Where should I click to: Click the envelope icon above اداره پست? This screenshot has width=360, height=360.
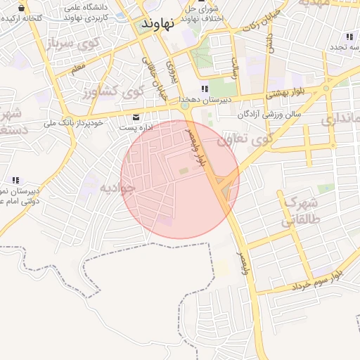[136, 117]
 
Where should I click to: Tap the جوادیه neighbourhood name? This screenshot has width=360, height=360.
[115, 188]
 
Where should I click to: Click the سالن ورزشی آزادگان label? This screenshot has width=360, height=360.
[269, 112]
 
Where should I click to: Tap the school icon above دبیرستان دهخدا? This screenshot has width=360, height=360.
[204, 89]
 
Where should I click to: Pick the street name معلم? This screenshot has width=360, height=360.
[78, 68]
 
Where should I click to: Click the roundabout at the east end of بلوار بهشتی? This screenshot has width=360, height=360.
[326, 89]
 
